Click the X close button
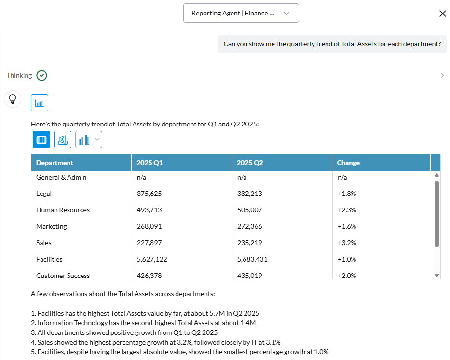coord(443,14)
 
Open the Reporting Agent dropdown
coord(241,13)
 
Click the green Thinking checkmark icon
coord(41,75)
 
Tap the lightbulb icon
coord(13,99)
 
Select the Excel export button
coord(63,139)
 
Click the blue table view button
coord(41,139)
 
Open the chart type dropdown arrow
coord(97,139)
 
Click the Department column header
coord(55,163)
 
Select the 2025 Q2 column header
coord(250,163)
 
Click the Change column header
coord(348,163)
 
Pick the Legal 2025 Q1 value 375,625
coord(149,194)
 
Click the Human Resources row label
coord(63,210)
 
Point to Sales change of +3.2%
coord(347,243)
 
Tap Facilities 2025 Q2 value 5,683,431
coord(252,259)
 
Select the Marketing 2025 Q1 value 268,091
coord(149,226)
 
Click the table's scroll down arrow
coord(437,276)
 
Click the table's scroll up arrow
coord(437,175)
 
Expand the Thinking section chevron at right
coord(442,75)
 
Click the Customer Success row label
coord(63,276)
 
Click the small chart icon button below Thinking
coord(40,103)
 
